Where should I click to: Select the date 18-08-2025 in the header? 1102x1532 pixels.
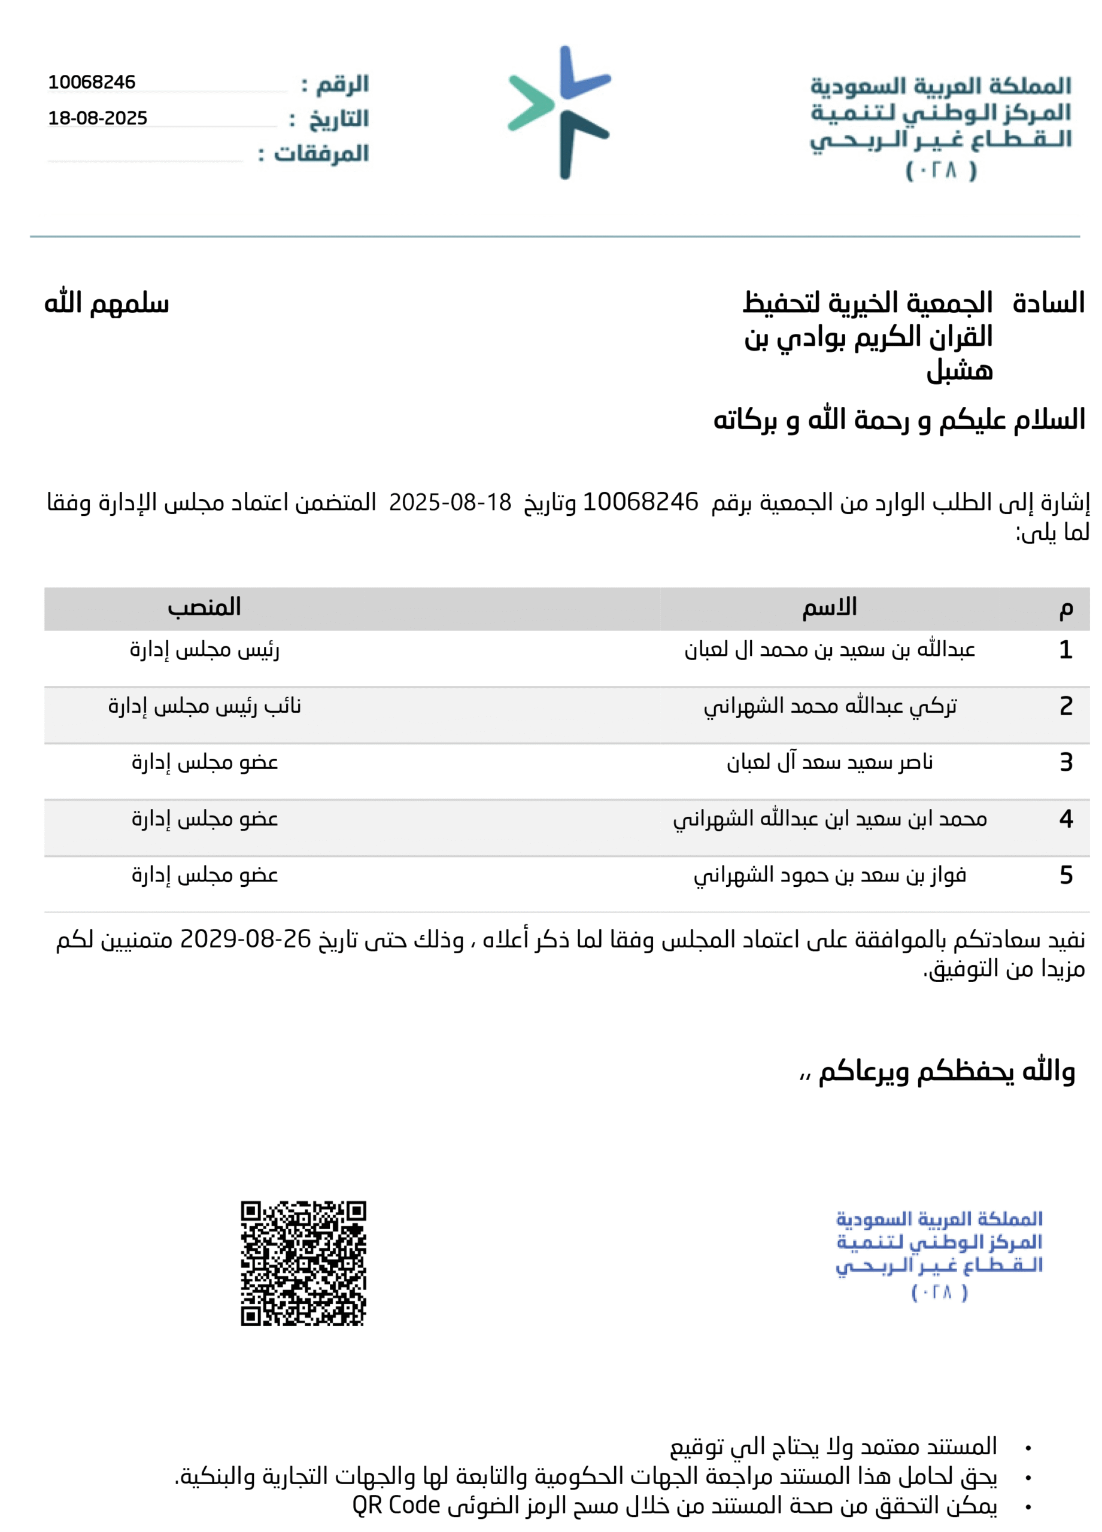pos(98,118)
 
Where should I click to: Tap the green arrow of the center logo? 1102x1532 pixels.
pos(530,103)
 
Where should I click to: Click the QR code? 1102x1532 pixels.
pos(303,1263)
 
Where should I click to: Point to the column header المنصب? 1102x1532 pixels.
pos(204,607)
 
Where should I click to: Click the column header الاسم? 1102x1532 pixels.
pos(829,607)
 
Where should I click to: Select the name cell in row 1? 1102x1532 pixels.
pos(829,650)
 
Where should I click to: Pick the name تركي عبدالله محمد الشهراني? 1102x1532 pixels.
pos(830,706)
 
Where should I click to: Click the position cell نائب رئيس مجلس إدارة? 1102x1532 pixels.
pos(204,706)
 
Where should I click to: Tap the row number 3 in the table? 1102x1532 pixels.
pos(1065,762)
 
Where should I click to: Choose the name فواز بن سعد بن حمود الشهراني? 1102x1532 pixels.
pos(829,876)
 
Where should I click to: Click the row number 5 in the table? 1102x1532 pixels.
pos(1065,876)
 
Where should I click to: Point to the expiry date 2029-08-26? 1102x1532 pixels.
pos(245,939)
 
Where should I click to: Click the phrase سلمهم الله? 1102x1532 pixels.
pos(107,303)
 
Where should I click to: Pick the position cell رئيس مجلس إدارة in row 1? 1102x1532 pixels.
pos(204,650)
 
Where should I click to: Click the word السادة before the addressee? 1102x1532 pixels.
pos(1048,303)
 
